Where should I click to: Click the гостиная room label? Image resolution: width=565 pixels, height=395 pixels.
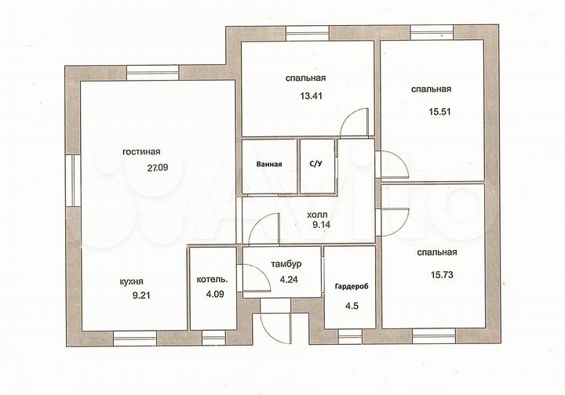pos(141,152)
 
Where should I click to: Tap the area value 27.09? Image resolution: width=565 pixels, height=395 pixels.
pos(158,167)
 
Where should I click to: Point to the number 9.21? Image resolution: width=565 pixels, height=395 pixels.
pos(141,295)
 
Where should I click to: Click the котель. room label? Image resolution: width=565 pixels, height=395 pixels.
pos(212,279)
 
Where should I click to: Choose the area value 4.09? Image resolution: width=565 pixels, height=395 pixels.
pos(215,294)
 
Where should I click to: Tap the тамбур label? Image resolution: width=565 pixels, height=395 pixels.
pos(286,264)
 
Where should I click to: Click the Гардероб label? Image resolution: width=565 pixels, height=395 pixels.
pos(352,287)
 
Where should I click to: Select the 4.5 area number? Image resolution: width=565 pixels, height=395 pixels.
pos(352,306)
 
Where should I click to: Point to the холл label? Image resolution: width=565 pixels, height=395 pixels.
pos(317,215)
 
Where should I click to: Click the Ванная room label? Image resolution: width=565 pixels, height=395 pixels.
pos(269,164)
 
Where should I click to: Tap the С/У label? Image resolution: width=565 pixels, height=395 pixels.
pos(315,164)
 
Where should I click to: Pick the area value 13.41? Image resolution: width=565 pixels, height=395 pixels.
pos(311,96)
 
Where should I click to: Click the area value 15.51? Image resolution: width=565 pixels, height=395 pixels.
pos(439,112)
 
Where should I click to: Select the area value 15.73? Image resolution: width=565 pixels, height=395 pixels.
pos(442,275)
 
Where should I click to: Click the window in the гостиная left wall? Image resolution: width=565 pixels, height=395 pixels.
pos(73,181)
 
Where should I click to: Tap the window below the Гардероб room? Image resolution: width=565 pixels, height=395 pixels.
pos(350,337)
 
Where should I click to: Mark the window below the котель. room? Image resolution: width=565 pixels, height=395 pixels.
pos(213,338)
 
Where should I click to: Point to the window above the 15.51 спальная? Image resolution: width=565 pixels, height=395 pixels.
pos(432,32)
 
